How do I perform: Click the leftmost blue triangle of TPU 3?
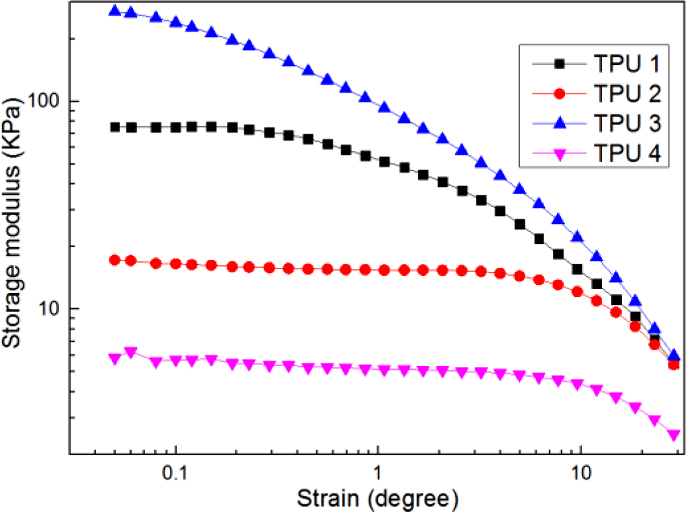(115, 11)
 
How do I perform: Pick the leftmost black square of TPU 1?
(115, 127)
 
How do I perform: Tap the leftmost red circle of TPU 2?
(115, 260)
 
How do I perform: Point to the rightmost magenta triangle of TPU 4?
(674, 435)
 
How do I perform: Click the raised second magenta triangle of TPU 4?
(131, 352)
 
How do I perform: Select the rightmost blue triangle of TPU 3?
(674, 356)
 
